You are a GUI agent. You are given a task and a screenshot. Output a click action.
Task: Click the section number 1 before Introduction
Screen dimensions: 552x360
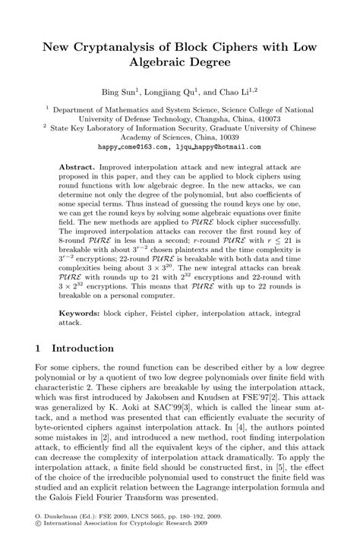tap(39, 349)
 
